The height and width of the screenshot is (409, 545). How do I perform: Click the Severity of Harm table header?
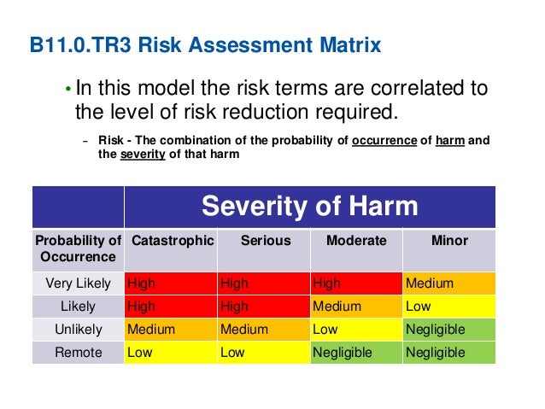[x=309, y=206]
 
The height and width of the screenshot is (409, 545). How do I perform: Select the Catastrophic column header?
[x=171, y=241]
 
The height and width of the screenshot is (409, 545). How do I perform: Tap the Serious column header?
[x=265, y=241]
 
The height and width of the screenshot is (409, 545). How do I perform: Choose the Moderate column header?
[x=356, y=241]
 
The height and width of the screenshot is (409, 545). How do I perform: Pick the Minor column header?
[x=449, y=241]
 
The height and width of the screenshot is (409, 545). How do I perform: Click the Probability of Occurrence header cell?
[x=78, y=248]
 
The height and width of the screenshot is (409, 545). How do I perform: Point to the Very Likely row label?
[x=78, y=283]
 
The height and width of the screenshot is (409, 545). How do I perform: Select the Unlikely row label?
[x=78, y=330]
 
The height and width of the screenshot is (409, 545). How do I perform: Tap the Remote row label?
[x=78, y=353]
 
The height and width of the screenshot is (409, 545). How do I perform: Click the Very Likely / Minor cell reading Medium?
[x=449, y=283]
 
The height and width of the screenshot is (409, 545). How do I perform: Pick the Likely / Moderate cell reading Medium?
[x=356, y=307]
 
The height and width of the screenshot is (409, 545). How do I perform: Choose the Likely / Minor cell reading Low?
[x=449, y=307]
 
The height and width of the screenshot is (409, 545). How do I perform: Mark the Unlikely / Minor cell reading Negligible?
[x=449, y=330]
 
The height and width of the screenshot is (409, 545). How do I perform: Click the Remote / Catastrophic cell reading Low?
[x=171, y=353]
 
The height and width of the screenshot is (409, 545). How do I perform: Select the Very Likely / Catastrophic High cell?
[x=171, y=283]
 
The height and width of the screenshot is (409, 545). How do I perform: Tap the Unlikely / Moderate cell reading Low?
[x=356, y=330]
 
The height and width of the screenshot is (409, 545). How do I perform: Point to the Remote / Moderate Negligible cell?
[x=356, y=353]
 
